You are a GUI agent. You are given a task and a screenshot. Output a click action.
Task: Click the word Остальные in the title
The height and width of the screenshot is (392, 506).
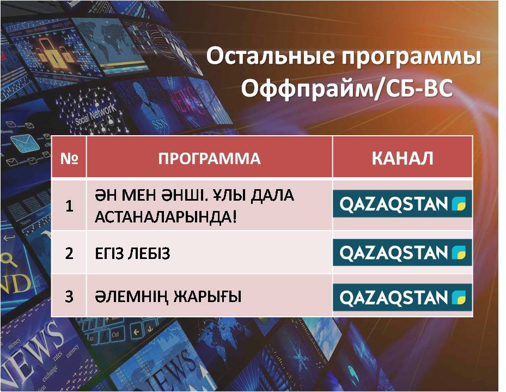pyautogui.click(x=271, y=56)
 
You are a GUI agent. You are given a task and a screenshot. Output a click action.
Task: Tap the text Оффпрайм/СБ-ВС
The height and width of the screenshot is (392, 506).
pyautogui.click(x=347, y=88)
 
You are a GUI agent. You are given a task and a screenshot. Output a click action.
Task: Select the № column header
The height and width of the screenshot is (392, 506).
pyautogui.click(x=69, y=158)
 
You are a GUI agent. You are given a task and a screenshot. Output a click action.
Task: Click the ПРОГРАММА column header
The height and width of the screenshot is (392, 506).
pyautogui.click(x=210, y=158)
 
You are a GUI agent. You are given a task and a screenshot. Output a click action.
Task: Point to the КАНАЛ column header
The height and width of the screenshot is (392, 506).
pyautogui.click(x=403, y=158)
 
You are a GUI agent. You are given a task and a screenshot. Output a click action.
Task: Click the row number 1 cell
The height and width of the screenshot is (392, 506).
pyautogui.click(x=69, y=206)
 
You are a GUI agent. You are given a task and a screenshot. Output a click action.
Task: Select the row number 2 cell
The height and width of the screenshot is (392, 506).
pyautogui.click(x=69, y=253)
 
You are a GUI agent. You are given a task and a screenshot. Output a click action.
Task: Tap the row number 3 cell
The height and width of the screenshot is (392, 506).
pyautogui.click(x=69, y=297)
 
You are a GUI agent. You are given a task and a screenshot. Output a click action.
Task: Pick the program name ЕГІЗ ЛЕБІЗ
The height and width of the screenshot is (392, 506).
pyautogui.click(x=132, y=254)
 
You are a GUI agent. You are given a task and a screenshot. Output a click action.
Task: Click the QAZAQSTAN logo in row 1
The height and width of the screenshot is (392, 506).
pyautogui.click(x=403, y=203)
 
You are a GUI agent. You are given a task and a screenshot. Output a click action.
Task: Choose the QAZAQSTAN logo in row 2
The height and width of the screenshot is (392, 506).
pyautogui.click(x=403, y=252)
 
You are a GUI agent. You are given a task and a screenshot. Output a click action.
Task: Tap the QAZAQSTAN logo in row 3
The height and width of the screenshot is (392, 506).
pyautogui.click(x=403, y=297)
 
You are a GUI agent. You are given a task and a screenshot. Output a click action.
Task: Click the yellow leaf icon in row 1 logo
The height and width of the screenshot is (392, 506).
pyautogui.click(x=459, y=204)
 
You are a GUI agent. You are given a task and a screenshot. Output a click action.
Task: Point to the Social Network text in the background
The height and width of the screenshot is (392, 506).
pyautogui.click(x=95, y=114)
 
